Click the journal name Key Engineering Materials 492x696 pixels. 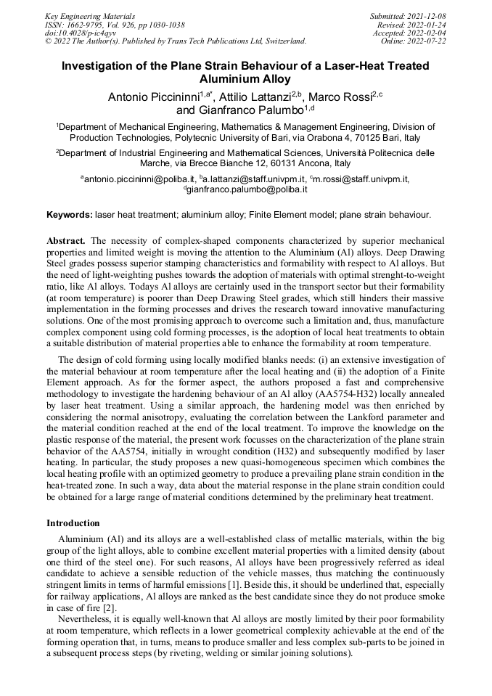pos(90,15)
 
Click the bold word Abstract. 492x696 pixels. pos(66,240)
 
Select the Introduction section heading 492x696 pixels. pos(73,523)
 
